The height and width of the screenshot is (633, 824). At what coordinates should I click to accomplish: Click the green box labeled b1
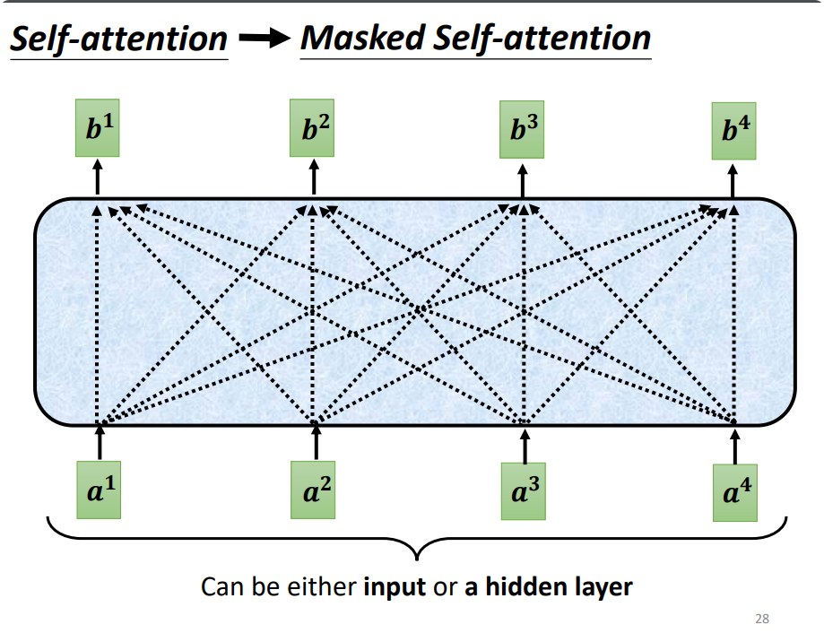(97, 127)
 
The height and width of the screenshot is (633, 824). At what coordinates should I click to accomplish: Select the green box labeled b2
(312, 127)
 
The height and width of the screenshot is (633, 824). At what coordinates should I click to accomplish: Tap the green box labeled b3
(522, 129)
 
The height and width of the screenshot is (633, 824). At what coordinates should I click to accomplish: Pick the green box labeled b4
(733, 131)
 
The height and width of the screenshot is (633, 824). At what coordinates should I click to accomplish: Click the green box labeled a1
(99, 490)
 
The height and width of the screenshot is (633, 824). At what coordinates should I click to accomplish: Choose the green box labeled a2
(313, 490)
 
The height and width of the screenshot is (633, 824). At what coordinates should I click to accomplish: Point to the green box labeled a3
(524, 491)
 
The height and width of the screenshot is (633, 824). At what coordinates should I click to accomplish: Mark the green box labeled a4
(735, 493)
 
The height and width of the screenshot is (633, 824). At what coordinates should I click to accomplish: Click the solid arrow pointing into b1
(97, 178)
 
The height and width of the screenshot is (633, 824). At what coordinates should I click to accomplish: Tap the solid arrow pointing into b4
(733, 181)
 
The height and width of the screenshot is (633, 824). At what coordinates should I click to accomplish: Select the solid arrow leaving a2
(316, 442)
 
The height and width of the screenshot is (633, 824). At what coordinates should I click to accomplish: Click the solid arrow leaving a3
(525, 447)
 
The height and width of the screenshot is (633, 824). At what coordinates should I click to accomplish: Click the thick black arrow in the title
(265, 38)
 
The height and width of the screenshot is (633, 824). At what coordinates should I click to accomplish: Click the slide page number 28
(762, 619)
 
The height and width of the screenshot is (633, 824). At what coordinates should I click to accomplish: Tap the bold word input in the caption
(395, 586)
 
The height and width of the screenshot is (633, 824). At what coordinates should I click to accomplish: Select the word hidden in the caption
(519, 586)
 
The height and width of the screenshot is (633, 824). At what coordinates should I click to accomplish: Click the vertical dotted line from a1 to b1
(97, 314)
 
